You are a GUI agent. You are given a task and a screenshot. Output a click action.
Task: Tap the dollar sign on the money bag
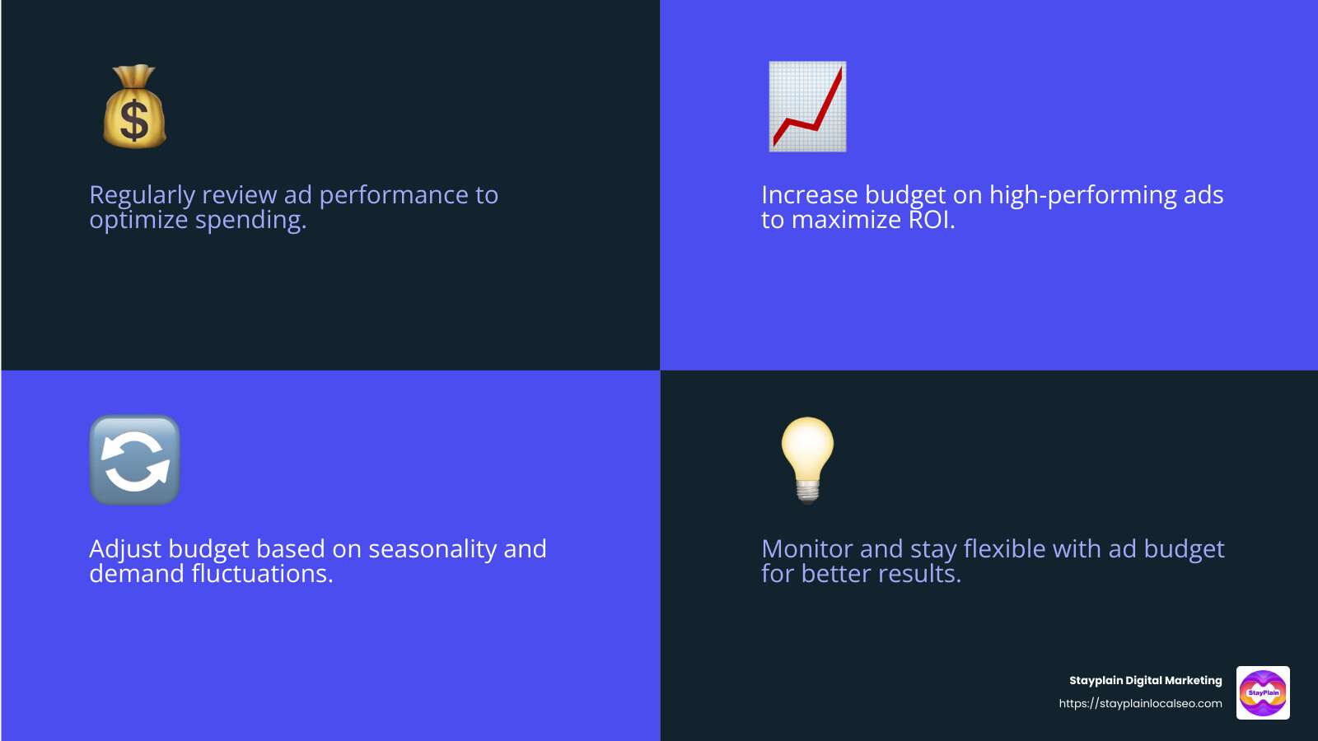coord(134,119)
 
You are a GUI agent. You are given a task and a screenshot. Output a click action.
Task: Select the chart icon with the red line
coord(807,106)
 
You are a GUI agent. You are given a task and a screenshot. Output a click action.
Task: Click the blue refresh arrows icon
coord(134,460)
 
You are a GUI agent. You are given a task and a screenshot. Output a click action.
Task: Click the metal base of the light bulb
coord(808,492)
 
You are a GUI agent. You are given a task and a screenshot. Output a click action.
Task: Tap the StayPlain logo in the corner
coord(1263,692)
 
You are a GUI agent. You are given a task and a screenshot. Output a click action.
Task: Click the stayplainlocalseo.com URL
coord(1140,703)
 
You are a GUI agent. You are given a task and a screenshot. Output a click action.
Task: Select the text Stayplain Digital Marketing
coord(1145,680)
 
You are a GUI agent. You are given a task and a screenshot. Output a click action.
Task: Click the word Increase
coord(810,195)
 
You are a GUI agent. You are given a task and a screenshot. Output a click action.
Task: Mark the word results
coord(919,574)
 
